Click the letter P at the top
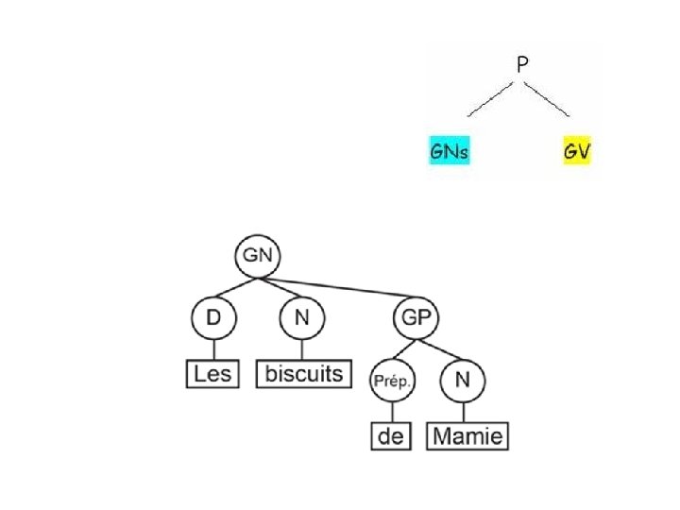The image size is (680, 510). (x=522, y=64)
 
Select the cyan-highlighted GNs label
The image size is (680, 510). (x=450, y=151)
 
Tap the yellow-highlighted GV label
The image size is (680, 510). (x=576, y=151)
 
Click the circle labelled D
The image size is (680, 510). (x=213, y=319)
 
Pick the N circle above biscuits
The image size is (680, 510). (x=302, y=319)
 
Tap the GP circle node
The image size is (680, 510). (x=416, y=319)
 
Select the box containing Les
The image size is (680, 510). (x=212, y=374)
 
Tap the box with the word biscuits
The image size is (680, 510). (x=304, y=374)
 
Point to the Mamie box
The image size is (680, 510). (x=469, y=436)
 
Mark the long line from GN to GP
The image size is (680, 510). (x=340, y=288)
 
